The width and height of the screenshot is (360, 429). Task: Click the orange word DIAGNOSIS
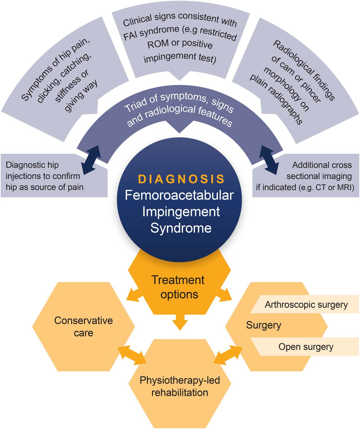tap(181, 179)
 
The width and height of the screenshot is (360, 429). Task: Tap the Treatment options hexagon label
tap(178, 287)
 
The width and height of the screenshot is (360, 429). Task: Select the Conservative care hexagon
tap(83, 326)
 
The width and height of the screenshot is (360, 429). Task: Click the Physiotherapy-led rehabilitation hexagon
tap(180, 386)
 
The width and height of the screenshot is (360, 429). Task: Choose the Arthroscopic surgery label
tap(306, 305)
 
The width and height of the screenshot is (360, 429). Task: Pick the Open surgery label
tap(306, 347)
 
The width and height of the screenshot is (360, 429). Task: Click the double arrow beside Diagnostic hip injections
tap(91, 160)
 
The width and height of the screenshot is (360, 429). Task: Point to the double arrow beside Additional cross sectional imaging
tap(269, 160)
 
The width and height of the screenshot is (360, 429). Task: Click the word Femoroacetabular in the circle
tap(179, 195)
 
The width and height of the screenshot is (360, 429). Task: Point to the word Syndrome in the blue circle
tap(181, 228)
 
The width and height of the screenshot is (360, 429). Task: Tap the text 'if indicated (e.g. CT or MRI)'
tap(305, 187)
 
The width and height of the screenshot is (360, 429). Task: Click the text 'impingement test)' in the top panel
tap(180, 58)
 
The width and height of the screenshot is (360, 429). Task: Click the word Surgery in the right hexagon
tap(263, 325)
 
